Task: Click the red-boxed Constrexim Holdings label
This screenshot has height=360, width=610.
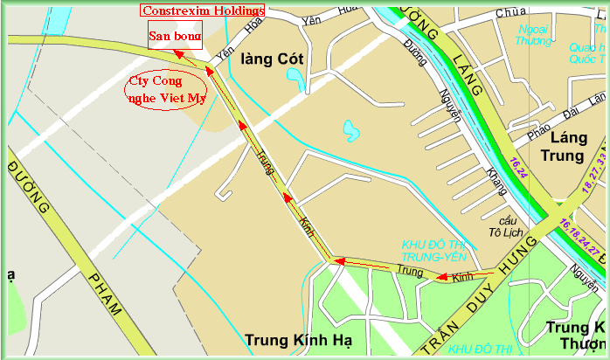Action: [x=202, y=10]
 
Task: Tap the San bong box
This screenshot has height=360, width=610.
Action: [x=176, y=37]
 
